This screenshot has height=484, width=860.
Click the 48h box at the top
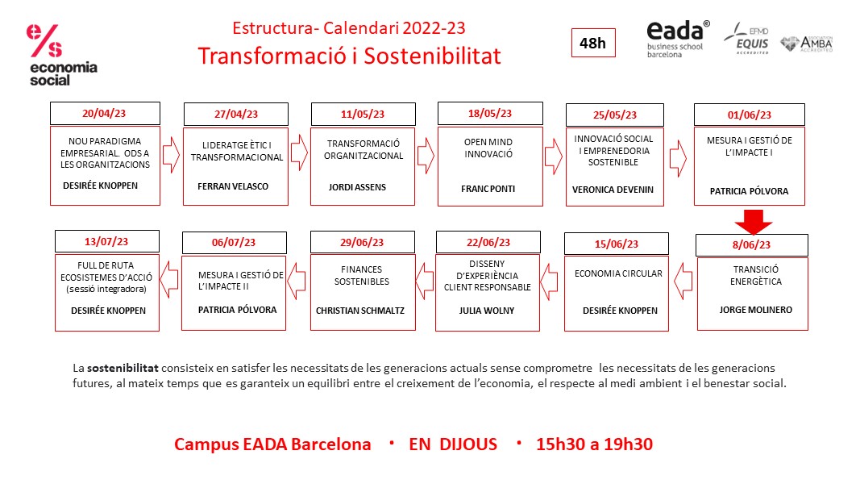(592, 44)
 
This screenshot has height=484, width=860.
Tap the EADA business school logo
(678, 39)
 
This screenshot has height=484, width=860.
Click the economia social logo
(61, 55)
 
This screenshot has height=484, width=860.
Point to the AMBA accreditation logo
(807, 44)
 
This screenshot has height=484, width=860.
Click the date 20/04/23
(105, 113)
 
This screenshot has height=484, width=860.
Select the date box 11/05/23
(363, 114)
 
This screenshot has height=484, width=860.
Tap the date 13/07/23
(107, 240)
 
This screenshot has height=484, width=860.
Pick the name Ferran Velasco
(233, 186)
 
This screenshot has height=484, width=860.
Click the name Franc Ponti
(488, 189)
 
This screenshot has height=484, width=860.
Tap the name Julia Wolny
(487, 310)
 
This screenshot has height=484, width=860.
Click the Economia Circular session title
(618, 273)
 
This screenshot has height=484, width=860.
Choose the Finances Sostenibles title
(360, 275)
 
